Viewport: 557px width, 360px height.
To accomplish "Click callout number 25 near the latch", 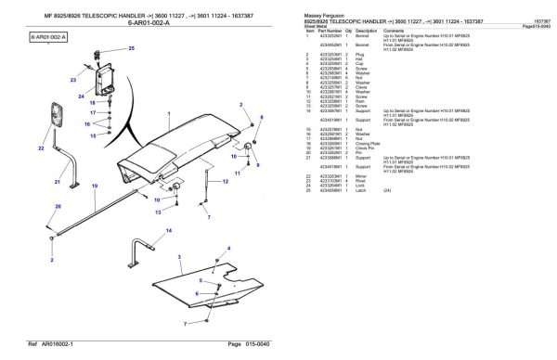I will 131,47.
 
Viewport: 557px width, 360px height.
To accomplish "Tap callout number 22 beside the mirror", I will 41,148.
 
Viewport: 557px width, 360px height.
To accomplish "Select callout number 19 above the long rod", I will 95,186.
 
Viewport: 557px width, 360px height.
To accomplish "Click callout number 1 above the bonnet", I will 168,111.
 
